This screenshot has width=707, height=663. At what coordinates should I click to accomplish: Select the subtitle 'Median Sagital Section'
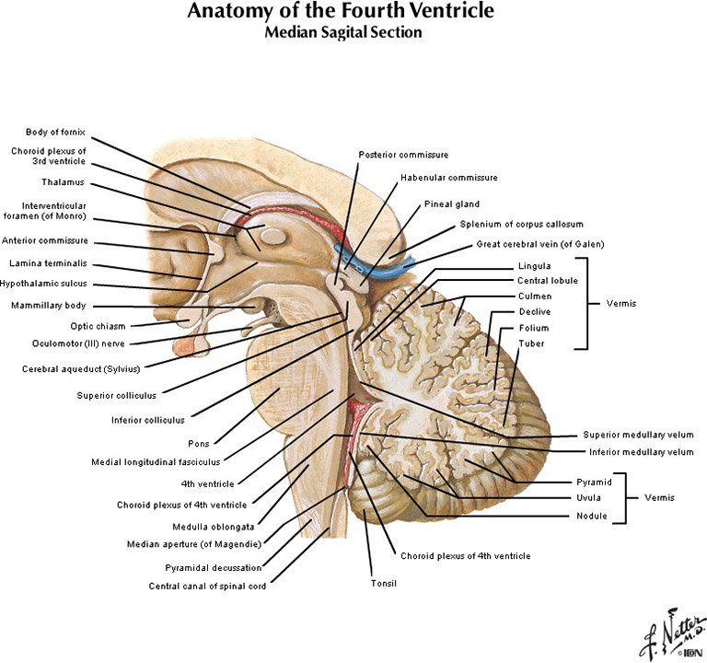tap(342, 33)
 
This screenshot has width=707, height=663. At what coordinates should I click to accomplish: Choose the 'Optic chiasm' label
tap(98, 325)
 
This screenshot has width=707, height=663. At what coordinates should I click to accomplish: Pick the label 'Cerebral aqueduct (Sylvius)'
tap(82, 368)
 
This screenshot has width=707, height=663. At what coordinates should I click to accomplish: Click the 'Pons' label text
tap(199, 443)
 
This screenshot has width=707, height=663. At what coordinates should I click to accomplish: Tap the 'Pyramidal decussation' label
tap(214, 567)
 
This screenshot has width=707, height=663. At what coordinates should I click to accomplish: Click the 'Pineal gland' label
tap(451, 204)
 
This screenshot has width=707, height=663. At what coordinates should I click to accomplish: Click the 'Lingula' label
tap(534, 266)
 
